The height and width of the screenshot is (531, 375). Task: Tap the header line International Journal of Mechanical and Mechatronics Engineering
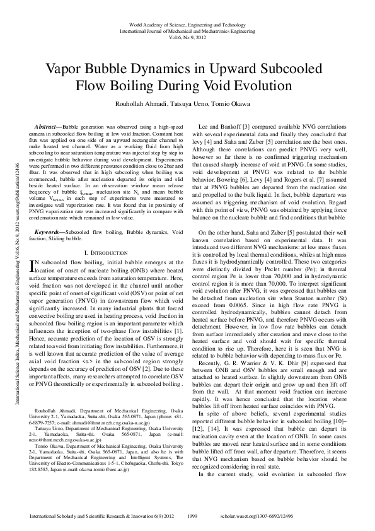tap(187, 30)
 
